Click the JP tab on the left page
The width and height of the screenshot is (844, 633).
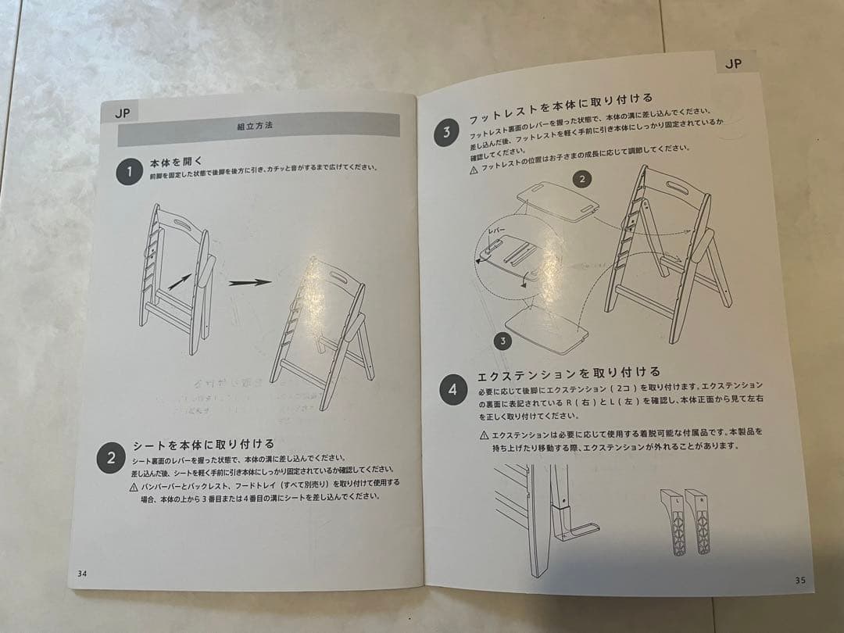(122, 112)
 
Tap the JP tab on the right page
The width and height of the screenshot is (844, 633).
(733, 64)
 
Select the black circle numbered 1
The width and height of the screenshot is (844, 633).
(129, 172)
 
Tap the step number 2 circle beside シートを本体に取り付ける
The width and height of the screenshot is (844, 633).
(111, 458)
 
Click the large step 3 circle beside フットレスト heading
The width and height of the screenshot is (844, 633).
(446, 132)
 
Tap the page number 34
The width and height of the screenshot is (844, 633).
(82, 574)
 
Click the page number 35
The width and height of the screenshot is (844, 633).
(799, 580)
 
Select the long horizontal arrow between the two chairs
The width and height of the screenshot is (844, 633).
(250, 283)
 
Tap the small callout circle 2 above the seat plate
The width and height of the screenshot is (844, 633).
(581, 179)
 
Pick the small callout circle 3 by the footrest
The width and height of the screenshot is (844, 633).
(503, 341)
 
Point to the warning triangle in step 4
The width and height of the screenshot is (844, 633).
(484, 435)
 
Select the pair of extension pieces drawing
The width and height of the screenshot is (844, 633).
(686, 522)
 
